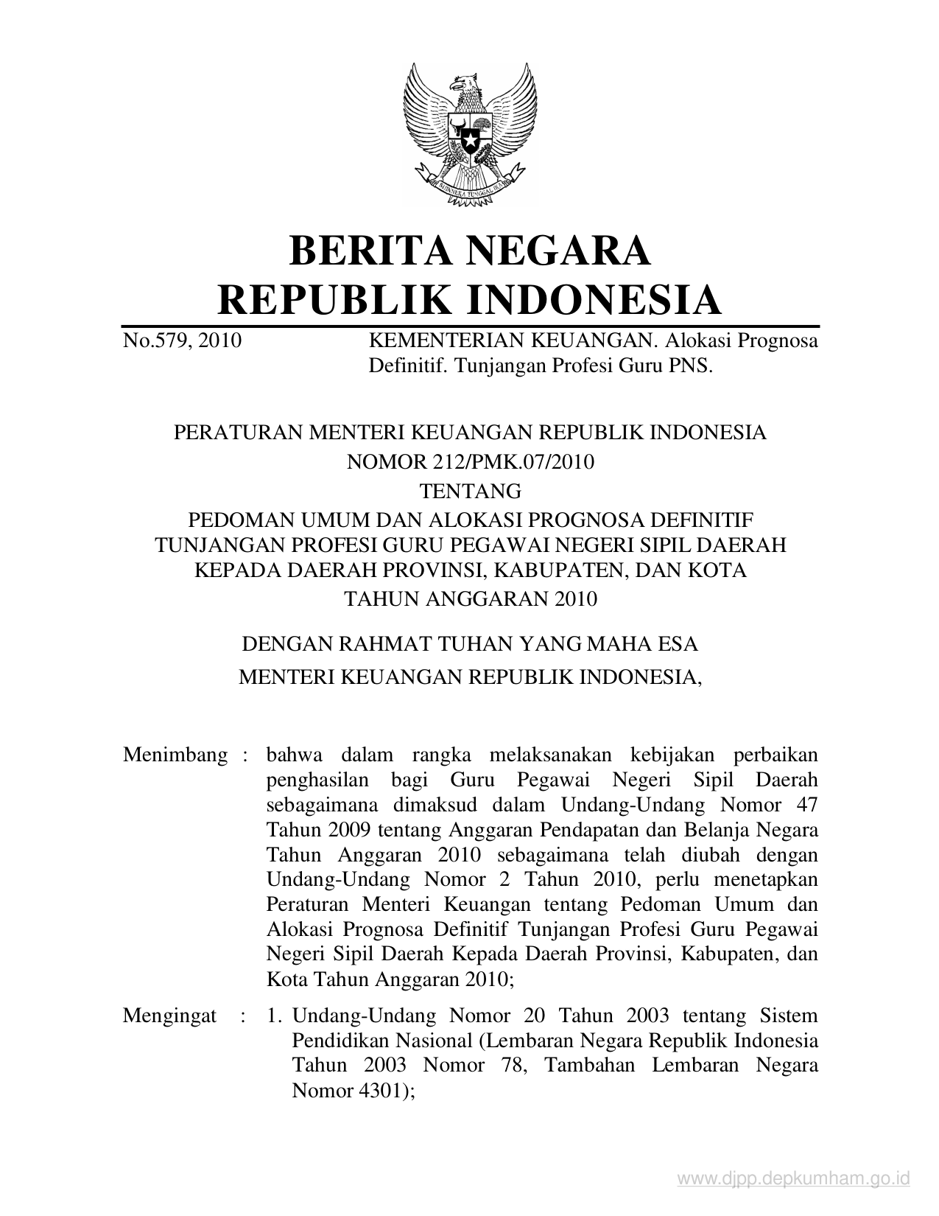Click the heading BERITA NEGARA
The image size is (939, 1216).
469,251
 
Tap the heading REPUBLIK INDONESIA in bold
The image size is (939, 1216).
469,300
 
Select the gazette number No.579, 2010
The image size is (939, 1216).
182,341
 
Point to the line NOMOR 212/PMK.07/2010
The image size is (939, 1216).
469,462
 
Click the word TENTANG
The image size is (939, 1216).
469,491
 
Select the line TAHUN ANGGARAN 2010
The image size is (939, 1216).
471,598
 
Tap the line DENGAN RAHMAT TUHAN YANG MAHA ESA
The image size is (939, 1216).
470,643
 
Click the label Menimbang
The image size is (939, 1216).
175,755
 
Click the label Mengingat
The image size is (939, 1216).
169,1016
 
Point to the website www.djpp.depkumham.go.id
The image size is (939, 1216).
794,1180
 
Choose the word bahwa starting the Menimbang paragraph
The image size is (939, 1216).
292,755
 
